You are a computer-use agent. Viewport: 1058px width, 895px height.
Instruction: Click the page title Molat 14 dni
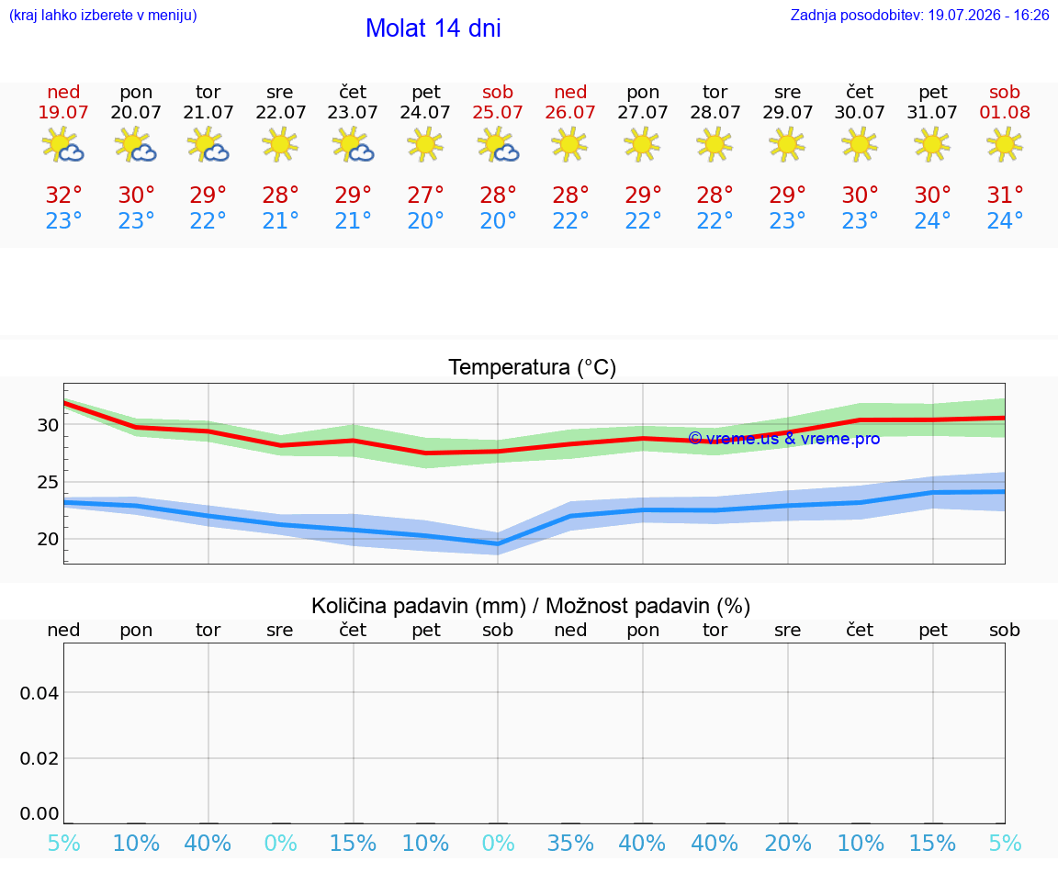point(433,28)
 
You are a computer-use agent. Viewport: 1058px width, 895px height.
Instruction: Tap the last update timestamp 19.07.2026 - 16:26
point(988,15)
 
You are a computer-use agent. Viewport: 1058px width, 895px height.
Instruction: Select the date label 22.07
point(281,112)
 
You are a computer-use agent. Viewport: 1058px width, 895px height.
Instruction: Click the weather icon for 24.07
point(425,144)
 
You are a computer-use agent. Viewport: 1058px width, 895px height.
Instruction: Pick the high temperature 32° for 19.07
point(63,195)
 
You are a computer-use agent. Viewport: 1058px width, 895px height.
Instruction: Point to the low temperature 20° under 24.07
point(425,220)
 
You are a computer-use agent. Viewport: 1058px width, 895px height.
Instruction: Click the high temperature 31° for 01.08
point(1005,195)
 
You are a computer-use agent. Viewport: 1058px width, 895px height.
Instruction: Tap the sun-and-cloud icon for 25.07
point(498,144)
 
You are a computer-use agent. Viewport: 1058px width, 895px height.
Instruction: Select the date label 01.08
point(1005,112)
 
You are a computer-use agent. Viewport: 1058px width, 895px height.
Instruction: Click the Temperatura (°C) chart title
point(533,367)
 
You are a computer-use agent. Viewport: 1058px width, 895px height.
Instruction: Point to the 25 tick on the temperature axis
point(48,482)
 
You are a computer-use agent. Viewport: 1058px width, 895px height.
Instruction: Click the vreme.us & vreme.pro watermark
point(784,439)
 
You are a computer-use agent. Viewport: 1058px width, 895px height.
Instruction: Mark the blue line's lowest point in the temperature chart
point(498,543)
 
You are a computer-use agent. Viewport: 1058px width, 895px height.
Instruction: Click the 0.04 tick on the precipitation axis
point(39,693)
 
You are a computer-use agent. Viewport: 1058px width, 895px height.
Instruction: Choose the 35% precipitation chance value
point(571,843)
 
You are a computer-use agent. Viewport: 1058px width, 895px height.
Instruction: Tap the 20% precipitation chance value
point(787,843)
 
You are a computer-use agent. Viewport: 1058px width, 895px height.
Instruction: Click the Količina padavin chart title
point(531,606)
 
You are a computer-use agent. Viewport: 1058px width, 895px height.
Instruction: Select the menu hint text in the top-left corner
point(103,15)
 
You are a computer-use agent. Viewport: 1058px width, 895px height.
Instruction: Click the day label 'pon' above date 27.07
point(643,93)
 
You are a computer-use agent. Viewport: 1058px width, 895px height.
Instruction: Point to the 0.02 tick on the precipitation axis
point(39,758)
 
